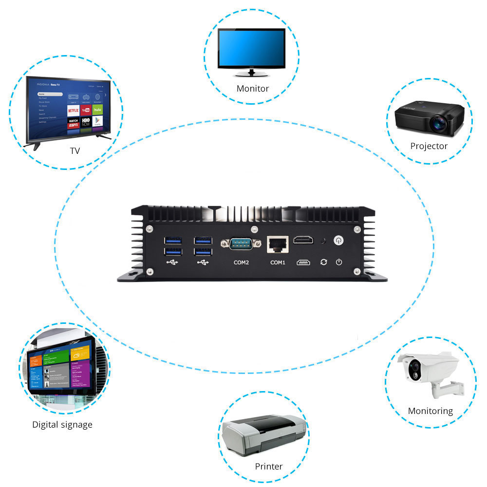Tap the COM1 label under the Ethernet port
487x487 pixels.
pos(278,262)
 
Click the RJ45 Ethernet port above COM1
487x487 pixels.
pos(278,244)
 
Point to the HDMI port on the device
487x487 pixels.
pos(303,240)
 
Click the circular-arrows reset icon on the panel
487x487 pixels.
pos(323,262)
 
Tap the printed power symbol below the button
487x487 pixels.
pos(339,262)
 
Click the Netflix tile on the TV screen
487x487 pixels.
pos(73,111)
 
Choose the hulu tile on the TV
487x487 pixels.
pos(98,110)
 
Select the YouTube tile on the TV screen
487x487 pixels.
pos(86,110)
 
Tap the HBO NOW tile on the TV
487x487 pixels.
pos(86,121)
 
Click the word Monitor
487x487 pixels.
pos(253,89)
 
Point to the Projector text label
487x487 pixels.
pos(429,146)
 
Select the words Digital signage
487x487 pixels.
pos(62,425)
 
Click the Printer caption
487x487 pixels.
pos(269,467)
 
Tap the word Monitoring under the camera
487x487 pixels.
pos(431,411)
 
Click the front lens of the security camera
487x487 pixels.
pos(414,367)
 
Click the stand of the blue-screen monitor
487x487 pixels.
pos(252,74)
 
